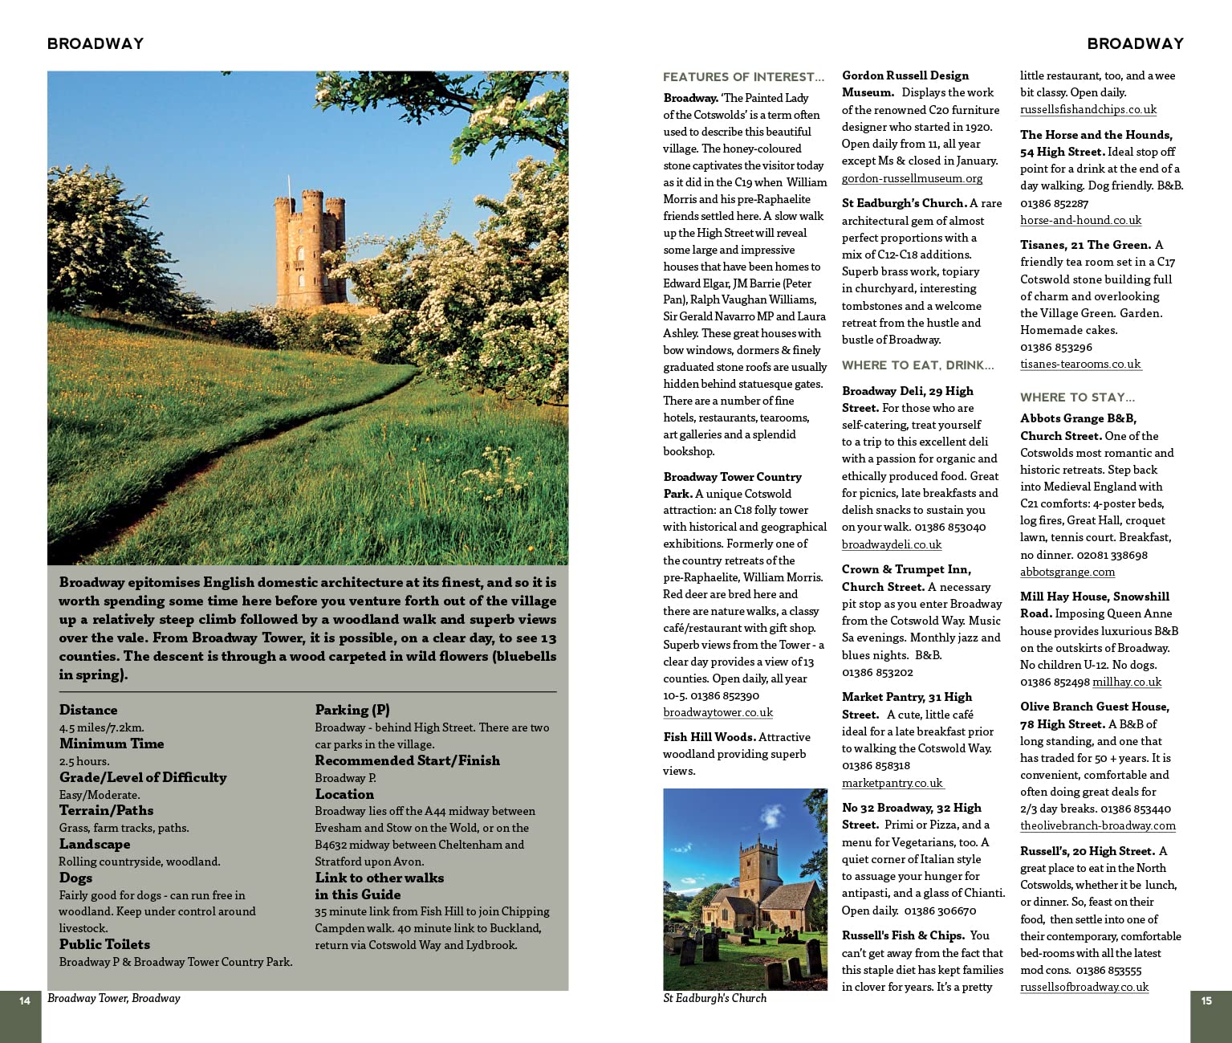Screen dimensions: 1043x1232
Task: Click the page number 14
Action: coord(25,1000)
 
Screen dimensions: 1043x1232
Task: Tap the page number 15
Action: coord(1206,1000)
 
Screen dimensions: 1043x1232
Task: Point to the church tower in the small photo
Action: coord(756,867)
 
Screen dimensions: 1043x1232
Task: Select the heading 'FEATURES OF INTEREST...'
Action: coord(743,77)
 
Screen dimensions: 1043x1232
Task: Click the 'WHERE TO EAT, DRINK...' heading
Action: coord(917,365)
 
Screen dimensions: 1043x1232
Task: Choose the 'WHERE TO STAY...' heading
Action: coord(1077,397)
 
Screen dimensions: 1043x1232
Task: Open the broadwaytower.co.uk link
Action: coord(718,712)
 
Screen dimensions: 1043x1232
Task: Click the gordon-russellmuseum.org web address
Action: coord(912,178)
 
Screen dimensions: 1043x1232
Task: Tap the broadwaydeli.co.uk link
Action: coord(892,544)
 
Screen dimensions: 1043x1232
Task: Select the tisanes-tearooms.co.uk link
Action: coord(1080,364)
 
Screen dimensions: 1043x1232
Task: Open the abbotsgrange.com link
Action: coord(1067,572)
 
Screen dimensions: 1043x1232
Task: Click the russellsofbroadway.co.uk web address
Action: coord(1084,987)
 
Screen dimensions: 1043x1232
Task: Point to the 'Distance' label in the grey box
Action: coord(88,710)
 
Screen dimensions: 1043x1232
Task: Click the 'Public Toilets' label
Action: coord(104,944)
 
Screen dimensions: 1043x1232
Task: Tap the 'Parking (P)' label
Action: coord(352,710)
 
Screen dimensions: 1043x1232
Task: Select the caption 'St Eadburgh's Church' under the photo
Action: coord(714,998)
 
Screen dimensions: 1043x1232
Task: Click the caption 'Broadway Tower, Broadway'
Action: coord(114,998)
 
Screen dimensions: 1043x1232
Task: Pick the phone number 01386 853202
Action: coord(877,672)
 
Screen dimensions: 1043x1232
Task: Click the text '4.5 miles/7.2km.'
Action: coord(101,727)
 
